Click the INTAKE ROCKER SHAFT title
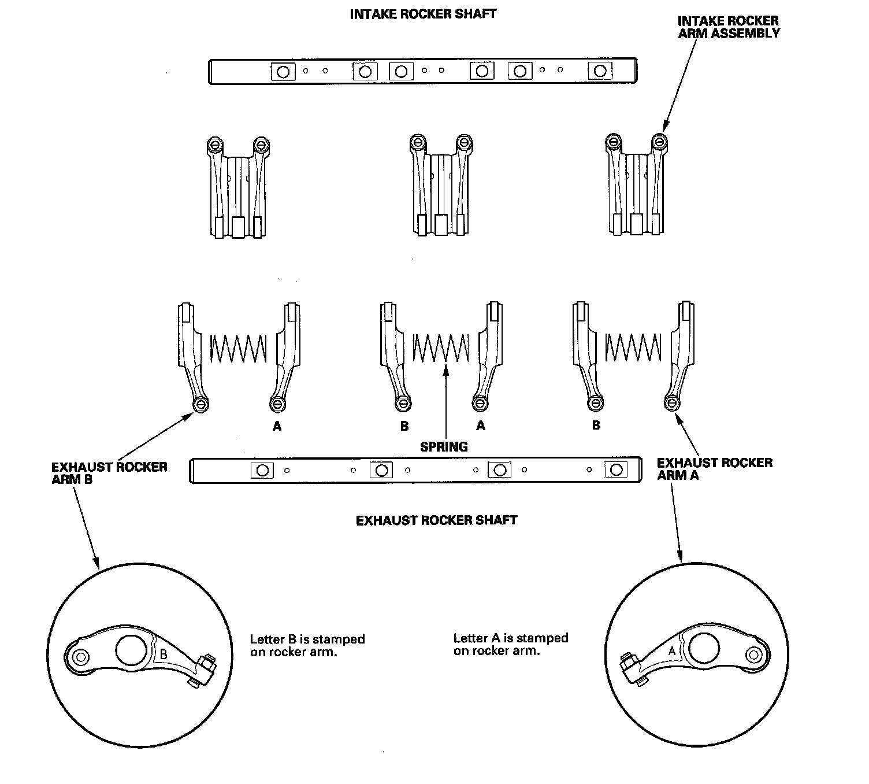(x=423, y=14)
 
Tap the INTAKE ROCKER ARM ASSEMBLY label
(x=728, y=27)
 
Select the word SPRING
(x=444, y=446)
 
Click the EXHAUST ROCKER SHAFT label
(x=436, y=520)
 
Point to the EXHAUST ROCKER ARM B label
(x=109, y=473)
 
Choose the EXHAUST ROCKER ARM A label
(x=714, y=469)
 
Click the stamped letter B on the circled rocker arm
(x=164, y=654)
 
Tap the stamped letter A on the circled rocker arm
(x=672, y=651)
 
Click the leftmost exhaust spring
(x=238, y=349)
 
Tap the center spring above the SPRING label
(x=441, y=349)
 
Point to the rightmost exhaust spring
(x=633, y=349)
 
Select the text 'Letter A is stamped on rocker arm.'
(x=511, y=644)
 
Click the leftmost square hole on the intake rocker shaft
(x=283, y=72)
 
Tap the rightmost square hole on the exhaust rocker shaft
(x=616, y=469)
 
